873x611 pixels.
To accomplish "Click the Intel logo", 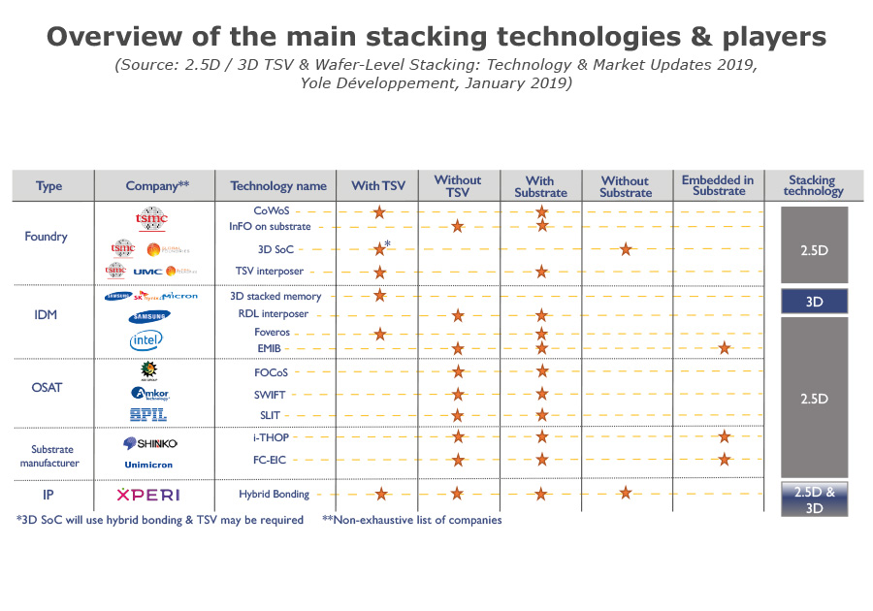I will click(145, 339).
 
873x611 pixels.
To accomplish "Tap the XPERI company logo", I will click(147, 495).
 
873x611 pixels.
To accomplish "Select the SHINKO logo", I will click(148, 443).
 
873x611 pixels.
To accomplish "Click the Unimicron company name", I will click(148, 465).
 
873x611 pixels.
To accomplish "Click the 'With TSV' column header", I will click(378, 185).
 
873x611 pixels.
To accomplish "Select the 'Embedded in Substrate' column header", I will click(718, 185).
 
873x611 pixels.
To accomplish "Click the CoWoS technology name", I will click(271, 210).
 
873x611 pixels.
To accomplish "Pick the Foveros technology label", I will click(273, 332).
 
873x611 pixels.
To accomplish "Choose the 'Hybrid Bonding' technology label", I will click(274, 494).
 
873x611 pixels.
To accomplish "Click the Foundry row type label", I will click(47, 236).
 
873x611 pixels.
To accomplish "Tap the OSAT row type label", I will click(47, 387).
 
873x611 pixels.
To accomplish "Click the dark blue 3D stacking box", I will click(814, 302).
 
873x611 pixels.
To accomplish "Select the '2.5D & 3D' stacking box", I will click(814, 499).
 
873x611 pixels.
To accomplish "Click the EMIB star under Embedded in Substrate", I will click(724, 347).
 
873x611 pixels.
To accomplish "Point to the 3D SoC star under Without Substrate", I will click(626, 249).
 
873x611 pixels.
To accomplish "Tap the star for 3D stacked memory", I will click(379, 296).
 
